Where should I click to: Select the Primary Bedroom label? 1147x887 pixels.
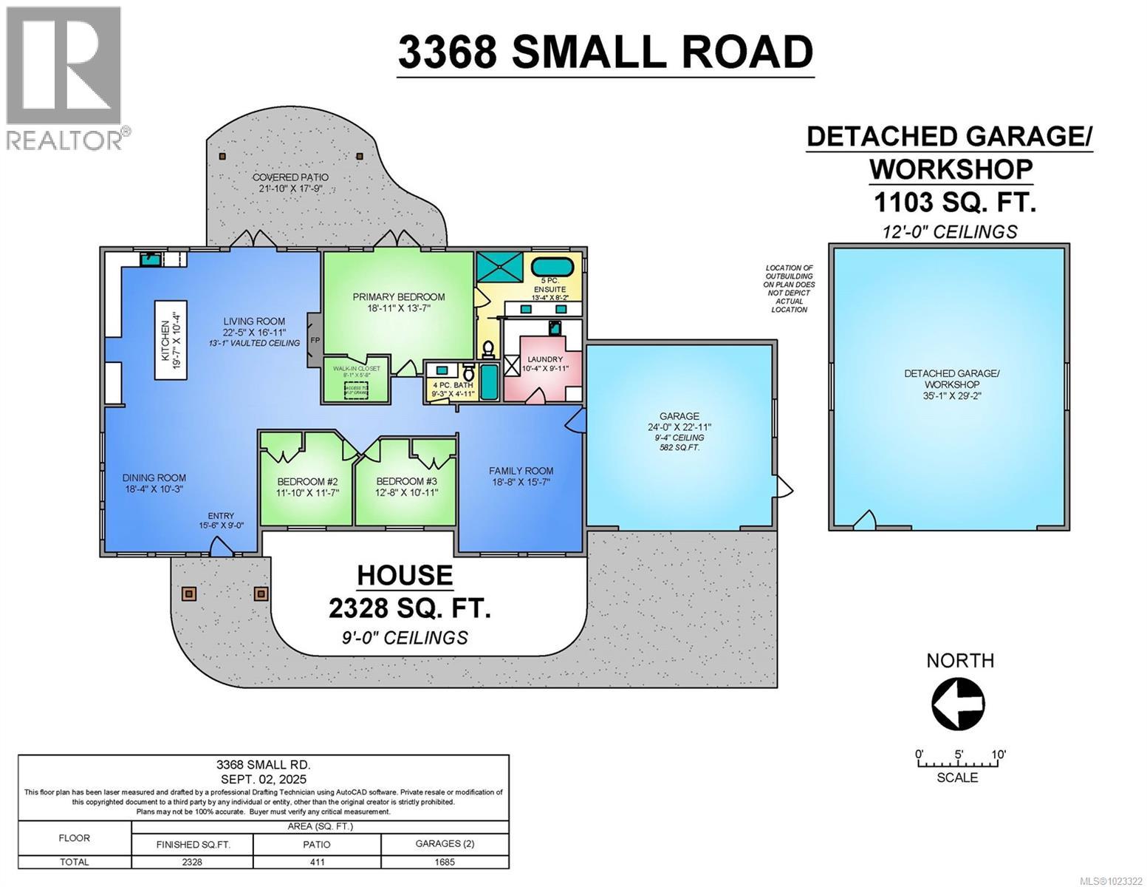point(398,297)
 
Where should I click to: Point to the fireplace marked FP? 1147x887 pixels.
point(314,341)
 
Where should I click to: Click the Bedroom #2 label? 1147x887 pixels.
point(307,480)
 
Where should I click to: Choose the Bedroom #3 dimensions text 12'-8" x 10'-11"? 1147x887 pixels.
point(406,492)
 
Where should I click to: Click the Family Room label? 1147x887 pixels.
point(521,471)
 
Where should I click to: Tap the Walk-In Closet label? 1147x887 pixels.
point(356,368)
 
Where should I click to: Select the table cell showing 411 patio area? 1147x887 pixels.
point(317,862)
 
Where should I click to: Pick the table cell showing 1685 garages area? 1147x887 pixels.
point(445,862)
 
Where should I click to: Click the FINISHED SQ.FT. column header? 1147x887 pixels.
point(192,844)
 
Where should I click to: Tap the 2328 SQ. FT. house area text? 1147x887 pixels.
point(409,608)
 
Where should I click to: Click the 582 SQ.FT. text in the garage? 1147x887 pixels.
point(679,448)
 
